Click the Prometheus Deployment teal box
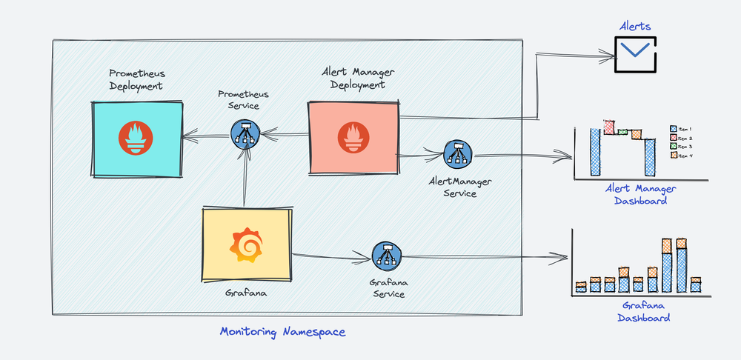(137, 139)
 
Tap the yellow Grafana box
(247, 245)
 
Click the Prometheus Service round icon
(245, 134)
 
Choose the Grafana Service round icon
(385, 257)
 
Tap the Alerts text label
(635, 27)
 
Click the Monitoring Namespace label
(282, 332)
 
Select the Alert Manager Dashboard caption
(640, 195)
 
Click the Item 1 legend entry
(680, 128)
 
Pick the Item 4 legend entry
(680, 155)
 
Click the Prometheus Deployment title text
(136, 80)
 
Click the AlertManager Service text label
(460, 187)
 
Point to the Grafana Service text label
(387, 288)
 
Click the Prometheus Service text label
(243, 100)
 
